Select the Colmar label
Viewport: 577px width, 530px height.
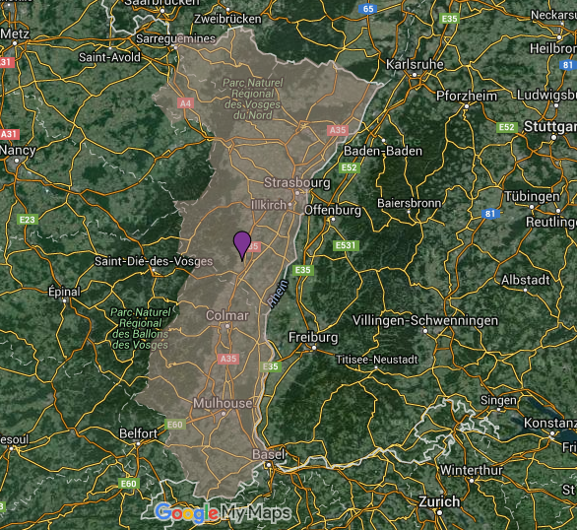click(226, 315)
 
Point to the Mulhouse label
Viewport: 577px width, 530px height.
click(223, 404)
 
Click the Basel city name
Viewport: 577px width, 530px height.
click(268, 454)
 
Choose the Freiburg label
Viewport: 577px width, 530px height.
click(312, 338)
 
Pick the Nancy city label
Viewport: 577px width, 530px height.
click(17, 151)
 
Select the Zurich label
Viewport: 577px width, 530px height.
click(439, 502)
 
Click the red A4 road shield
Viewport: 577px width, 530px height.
click(185, 102)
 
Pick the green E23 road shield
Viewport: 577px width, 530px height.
click(27, 220)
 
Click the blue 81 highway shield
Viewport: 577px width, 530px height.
click(490, 213)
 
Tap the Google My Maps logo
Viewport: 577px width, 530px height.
click(223, 513)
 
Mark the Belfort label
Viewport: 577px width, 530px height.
click(138, 433)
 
